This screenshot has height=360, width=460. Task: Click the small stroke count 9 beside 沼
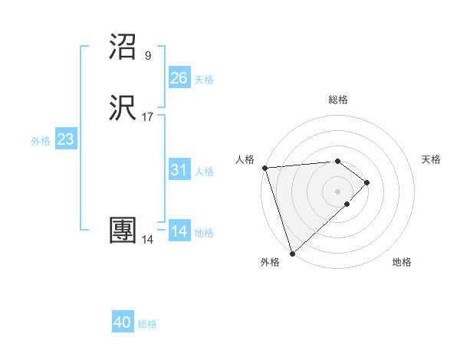[x=148, y=55]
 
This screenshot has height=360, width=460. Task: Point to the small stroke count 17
[x=148, y=118]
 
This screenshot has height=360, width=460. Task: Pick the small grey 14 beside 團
[x=147, y=240]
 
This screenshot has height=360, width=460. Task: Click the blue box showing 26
[x=179, y=77]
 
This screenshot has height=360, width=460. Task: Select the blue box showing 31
[x=179, y=170]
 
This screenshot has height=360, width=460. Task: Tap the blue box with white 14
[x=179, y=231]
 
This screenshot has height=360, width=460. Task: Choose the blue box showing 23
[x=66, y=139]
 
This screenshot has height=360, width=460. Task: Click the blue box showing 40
[x=123, y=322]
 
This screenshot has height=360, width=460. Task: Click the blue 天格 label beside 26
[x=204, y=80]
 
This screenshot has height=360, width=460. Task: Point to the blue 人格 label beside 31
[x=204, y=172]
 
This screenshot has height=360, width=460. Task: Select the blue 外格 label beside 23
[x=41, y=141]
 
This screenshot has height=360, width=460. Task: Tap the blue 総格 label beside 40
[x=148, y=324]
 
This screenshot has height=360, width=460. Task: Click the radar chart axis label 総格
[x=338, y=100]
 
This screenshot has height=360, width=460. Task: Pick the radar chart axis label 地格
[x=402, y=262]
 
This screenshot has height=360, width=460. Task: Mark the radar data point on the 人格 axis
[x=264, y=168]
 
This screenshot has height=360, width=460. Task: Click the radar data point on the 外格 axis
[x=292, y=253]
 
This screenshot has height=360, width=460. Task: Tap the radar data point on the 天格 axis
[x=368, y=182]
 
